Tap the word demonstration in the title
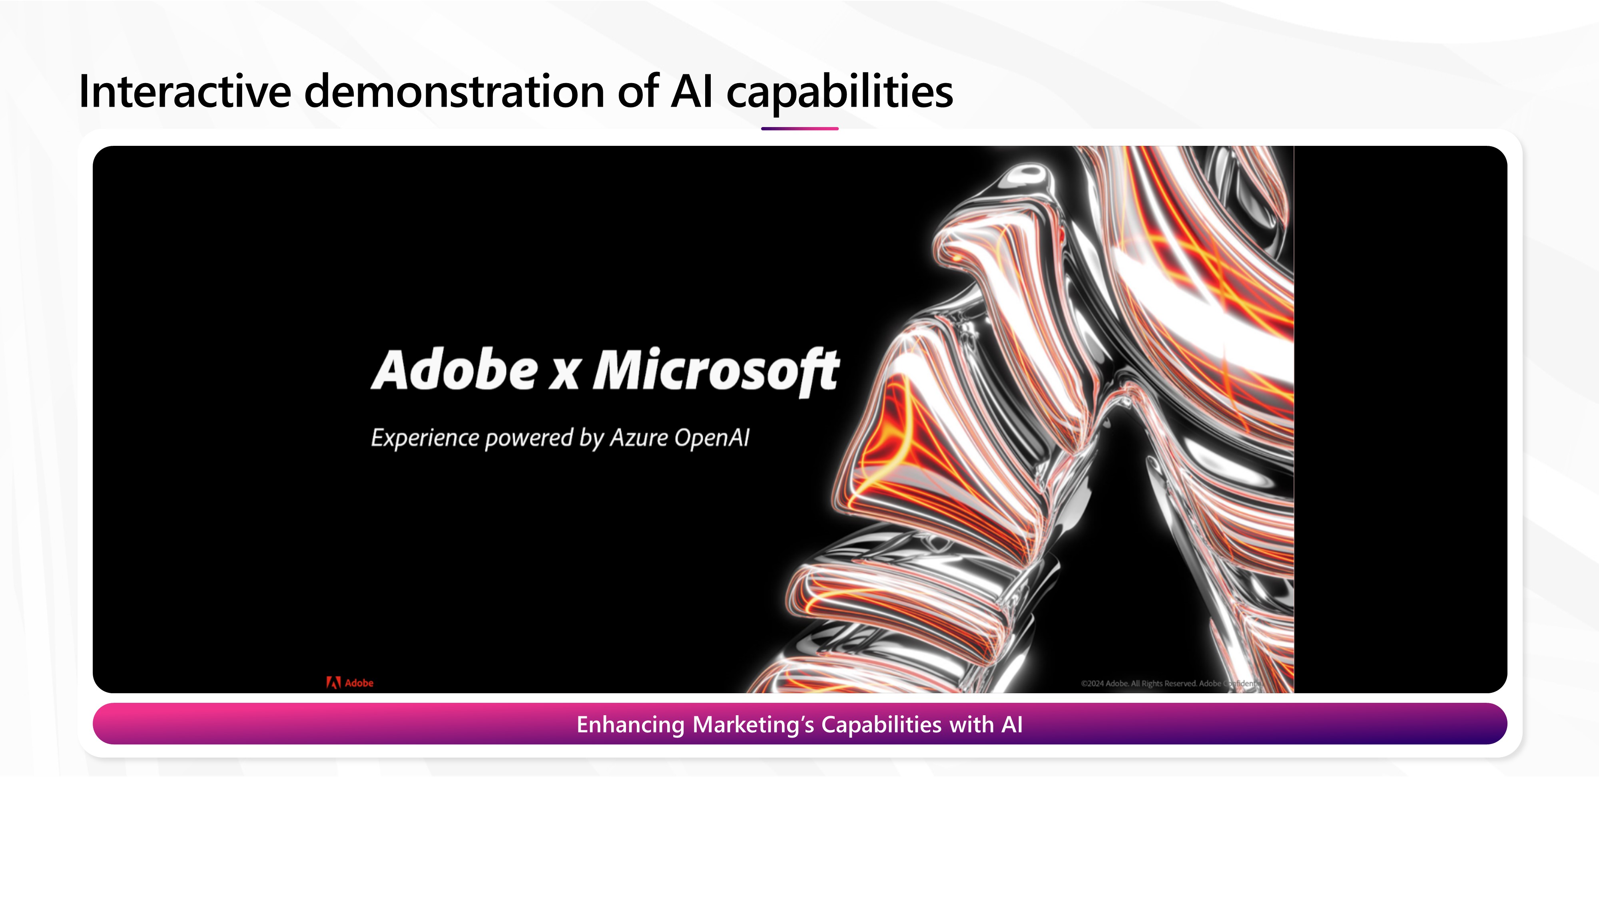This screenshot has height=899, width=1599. coord(455,91)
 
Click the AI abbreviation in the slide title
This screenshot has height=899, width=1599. coord(692,91)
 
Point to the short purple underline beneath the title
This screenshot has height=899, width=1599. coord(799,128)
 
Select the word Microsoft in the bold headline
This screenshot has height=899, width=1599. coord(716,371)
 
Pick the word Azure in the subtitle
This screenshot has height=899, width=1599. coord(639,438)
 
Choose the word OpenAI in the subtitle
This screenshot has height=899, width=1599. coord(712,438)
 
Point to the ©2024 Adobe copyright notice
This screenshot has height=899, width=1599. coord(1171,683)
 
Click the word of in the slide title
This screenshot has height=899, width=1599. coord(638,91)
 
